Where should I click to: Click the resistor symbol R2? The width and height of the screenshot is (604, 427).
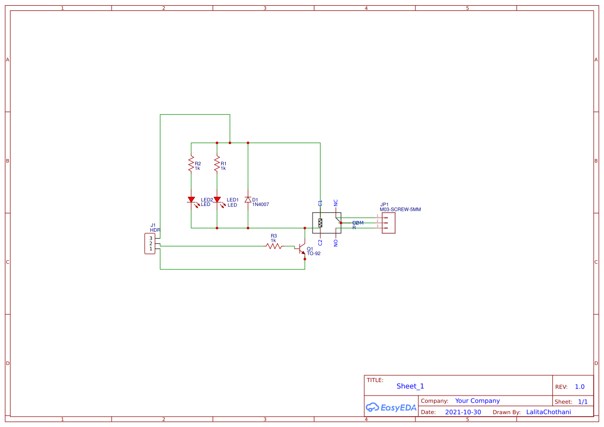coord(191,165)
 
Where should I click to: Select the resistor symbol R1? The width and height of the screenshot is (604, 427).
coord(217,165)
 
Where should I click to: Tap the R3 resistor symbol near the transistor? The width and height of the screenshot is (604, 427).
coord(274,246)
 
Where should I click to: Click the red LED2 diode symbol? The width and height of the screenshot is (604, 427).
coord(191,200)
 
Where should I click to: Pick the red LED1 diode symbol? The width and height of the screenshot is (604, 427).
coord(217,200)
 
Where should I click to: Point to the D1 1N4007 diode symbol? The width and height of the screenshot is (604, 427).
coord(248,200)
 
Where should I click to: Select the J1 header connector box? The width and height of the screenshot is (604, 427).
coord(151,244)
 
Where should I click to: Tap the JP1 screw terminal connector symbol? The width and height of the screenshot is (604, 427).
coord(389,223)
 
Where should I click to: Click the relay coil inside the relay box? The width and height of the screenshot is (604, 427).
coord(320,223)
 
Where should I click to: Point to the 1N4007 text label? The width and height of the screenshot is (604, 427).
coord(260,204)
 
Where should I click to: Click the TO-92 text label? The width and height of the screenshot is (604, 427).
coord(314,254)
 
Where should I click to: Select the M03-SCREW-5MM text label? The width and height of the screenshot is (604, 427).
coord(400,210)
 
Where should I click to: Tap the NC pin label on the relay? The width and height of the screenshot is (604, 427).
coord(336,203)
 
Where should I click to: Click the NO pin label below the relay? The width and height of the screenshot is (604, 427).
coord(336,242)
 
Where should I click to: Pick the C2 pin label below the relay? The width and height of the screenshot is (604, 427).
coord(320,242)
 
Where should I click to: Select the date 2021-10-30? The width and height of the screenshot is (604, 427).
coord(462,412)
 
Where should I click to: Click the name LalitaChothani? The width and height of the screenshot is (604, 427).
coord(548,412)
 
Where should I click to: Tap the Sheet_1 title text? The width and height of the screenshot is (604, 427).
coord(410,386)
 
